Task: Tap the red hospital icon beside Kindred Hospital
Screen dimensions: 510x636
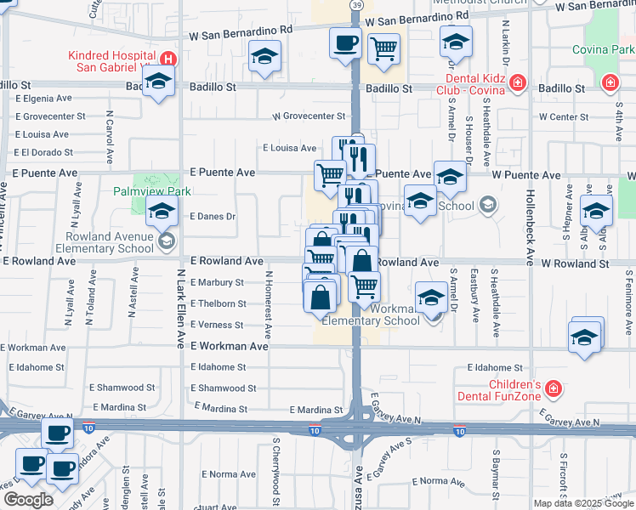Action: coord(169,59)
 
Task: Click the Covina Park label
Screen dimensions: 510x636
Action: coord(610,50)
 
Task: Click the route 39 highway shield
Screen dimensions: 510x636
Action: coord(355,5)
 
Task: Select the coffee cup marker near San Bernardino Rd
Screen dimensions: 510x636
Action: coord(345,42)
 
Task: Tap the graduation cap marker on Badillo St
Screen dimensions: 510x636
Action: coord(158,82)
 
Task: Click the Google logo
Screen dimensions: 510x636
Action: coord(28,500)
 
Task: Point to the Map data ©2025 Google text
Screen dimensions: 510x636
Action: coord(582,503)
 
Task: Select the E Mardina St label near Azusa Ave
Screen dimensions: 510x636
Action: coord(315,410)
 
